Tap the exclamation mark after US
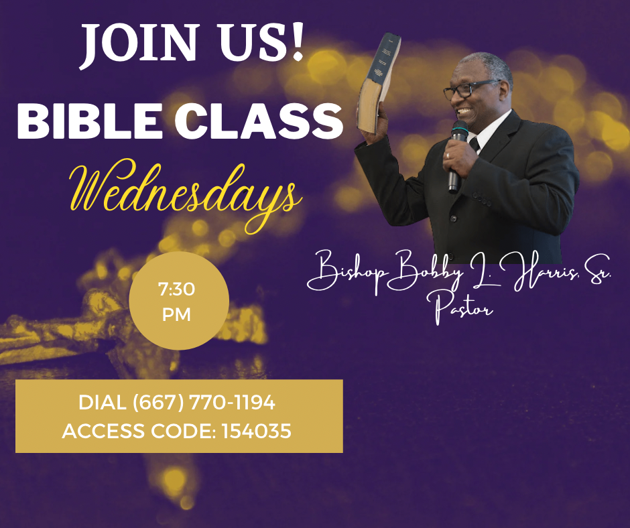click(x=297, y=42)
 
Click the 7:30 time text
click(x=176, y=289)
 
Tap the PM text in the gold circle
click(x=176, y=315)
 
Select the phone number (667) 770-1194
click(x=204, y=402)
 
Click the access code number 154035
click(x=256, y=431)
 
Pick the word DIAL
click(x=103, y=402)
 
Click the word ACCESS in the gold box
click(x=103, y=431)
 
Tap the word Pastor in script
click(x=463, y=309)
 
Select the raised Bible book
click(x=379, y=83)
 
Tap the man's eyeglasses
click(x=469, y=89)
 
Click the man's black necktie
click(x=475, y=144)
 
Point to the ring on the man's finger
click(x=448, y=155)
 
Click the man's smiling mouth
click(x=464, y=111)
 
